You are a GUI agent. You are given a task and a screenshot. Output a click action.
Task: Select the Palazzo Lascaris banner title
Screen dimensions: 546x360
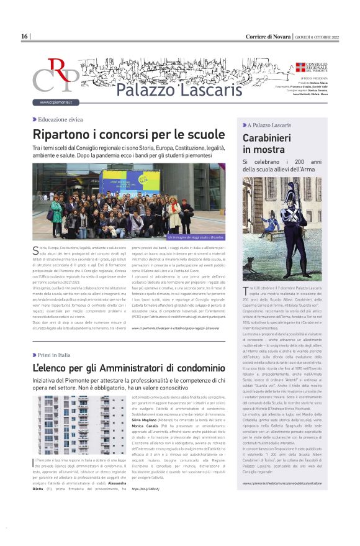coord(162,89)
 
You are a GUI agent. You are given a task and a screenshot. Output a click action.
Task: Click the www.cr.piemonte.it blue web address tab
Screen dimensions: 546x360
coord(56,102)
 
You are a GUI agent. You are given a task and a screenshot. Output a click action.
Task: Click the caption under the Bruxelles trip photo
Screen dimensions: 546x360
coord(196,237)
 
